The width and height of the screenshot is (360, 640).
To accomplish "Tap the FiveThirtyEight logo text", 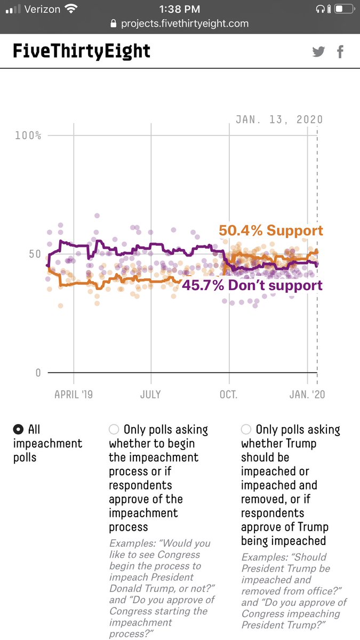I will [x=82, y=51].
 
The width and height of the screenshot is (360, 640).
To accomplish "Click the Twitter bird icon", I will [x=318, y=52].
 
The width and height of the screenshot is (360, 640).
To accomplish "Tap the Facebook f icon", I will [x=340, y=52].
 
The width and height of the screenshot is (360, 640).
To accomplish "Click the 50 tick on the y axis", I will [x=35, y=254].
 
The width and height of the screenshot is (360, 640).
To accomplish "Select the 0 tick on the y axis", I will [x=38, y=372].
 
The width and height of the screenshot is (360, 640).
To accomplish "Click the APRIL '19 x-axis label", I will [x=74, y=395].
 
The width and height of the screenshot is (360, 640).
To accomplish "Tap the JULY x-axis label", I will [x=151, y=395].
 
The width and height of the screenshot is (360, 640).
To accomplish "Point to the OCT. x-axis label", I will [x=229, y=395].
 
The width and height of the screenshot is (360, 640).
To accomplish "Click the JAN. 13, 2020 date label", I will [x=279, y=120].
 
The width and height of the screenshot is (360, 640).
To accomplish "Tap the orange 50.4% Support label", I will [x=271, y=231].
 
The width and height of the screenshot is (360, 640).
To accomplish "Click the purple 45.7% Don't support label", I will [x=252, y=285].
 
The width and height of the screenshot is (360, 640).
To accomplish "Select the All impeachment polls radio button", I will [x=19, y=429].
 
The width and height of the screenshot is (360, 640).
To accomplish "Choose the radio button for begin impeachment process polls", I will [x=114, y=429].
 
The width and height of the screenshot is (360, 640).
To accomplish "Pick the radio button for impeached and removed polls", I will [x=246, y=429].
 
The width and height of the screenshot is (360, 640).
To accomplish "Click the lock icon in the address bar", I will [x=113, y=24].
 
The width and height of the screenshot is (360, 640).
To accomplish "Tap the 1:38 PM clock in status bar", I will [x=180, y=9].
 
